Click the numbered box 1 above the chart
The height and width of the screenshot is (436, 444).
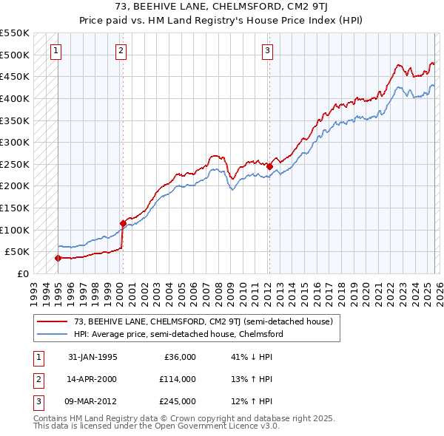57,51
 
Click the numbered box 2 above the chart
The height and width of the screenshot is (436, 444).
121,51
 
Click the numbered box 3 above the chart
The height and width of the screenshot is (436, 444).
267,51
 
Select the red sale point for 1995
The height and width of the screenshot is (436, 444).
58,258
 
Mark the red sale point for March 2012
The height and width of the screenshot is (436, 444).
269,166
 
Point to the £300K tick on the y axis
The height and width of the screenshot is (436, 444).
15,142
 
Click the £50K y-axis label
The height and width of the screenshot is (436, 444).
18,251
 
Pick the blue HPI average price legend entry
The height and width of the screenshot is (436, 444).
178,334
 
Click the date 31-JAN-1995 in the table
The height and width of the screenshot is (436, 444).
92,357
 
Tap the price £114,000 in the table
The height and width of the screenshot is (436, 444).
178,379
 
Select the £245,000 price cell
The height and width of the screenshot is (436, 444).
178,401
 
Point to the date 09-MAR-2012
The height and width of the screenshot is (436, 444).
92,401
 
